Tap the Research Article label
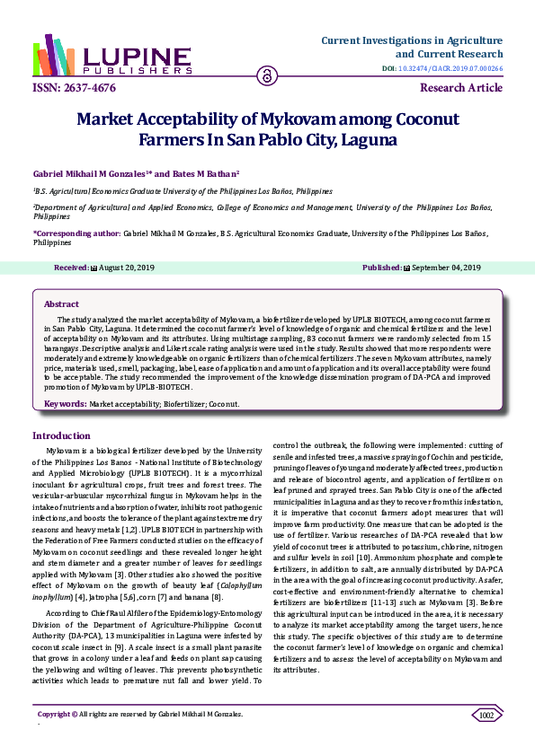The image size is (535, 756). point(461,88)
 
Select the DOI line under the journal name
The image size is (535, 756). point(444,68)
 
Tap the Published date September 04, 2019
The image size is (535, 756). point(446,268)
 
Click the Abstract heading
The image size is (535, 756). point(61,304)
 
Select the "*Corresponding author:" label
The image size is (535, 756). point(76,233)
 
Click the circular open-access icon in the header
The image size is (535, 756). point(267,75)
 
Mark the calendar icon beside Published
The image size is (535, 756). point(406,268)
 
